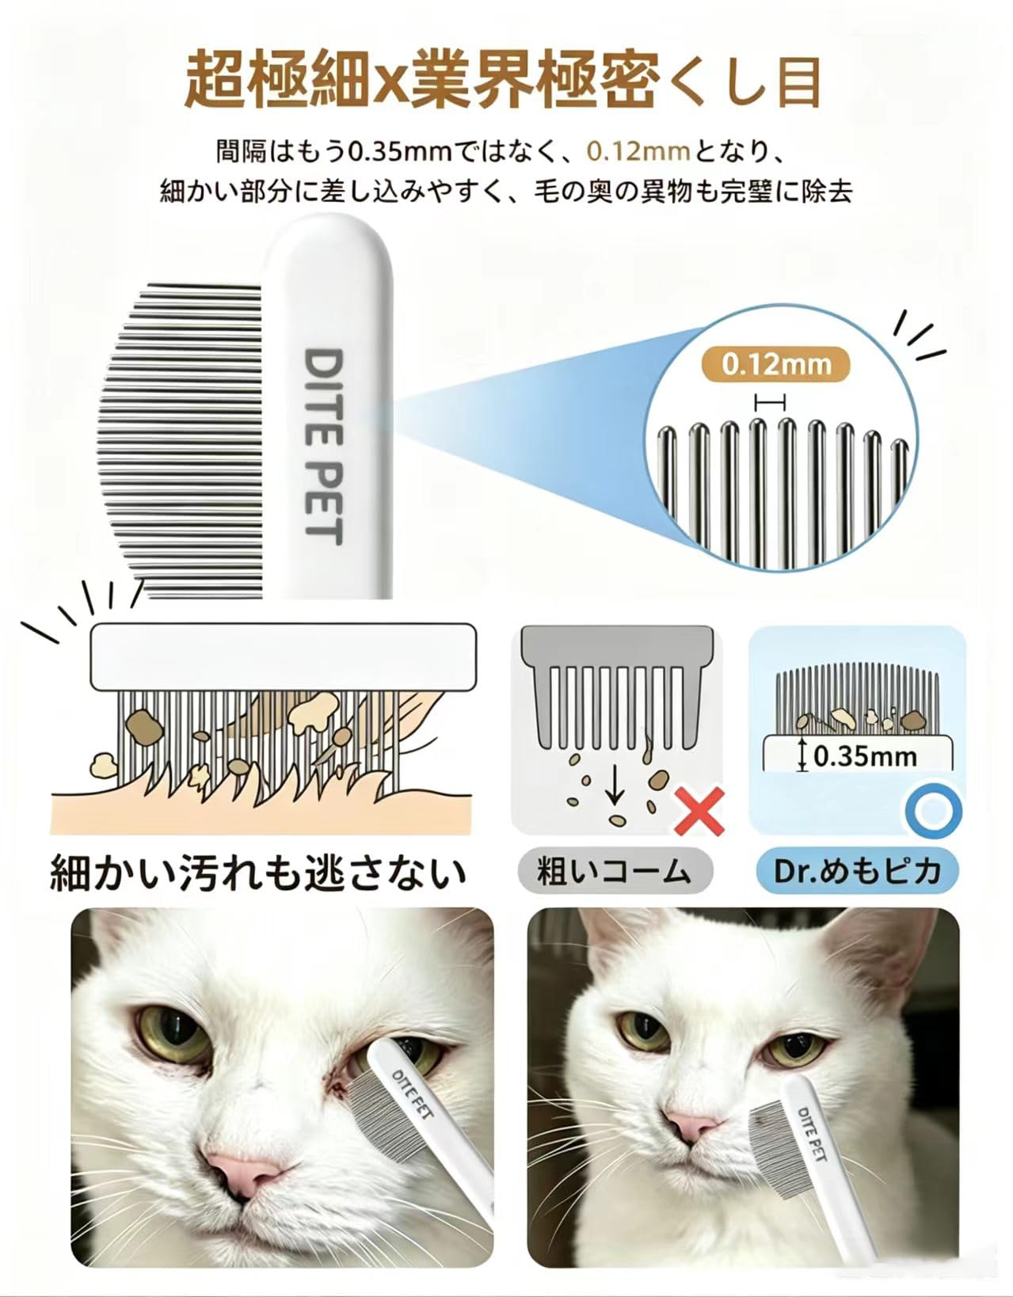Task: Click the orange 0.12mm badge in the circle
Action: click(x=775, y=364)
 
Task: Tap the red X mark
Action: click(x=699, y=811)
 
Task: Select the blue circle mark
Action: click(x=934, y=811)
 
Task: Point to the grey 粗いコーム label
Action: click(x=615, y=872)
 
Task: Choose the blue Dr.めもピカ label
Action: click(x=858, y=872)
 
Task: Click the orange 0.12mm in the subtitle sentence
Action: click(x=638, y=152)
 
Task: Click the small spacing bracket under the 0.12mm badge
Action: click(x=770, y=403)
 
